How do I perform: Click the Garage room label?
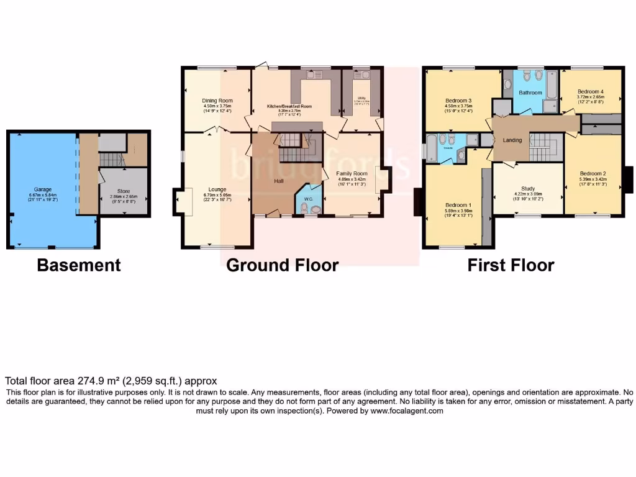(43, 189)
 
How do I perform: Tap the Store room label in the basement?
(124, 191)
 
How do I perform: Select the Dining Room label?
(217, 101)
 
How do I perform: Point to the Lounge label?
(217, 189)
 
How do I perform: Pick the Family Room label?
(352, 173)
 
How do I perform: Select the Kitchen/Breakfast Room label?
(289, 106)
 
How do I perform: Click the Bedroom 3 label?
(459, 101)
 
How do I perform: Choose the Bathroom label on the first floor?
(530, 93)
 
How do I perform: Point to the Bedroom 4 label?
(590, 91)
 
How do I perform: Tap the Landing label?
(512, 140)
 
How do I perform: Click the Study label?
(529, 188)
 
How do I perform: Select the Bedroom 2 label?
(593, 173)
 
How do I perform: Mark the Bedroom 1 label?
(458, 205)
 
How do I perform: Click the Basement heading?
(79, 265)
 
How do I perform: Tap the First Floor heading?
(511, 265)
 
